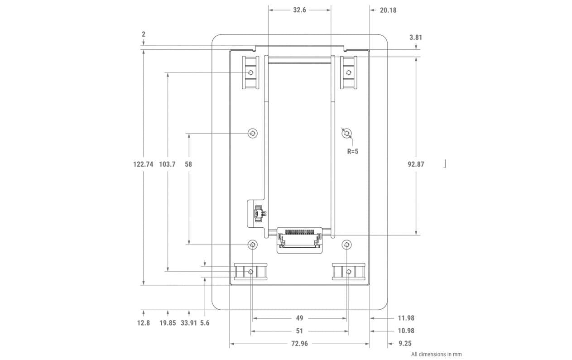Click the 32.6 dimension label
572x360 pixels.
coord(299,10)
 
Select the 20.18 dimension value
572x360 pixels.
coord(388,10)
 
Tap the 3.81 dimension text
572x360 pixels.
coord(416,38)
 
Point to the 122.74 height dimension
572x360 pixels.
coord(143,164)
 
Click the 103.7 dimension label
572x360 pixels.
coord(167,164)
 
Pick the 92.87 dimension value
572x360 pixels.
coord(416,164)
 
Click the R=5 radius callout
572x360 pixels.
coord(352,151)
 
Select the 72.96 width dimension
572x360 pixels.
coord(299,344)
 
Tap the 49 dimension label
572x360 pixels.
coord(299,318)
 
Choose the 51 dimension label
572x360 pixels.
coord(299,331)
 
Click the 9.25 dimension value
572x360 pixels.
coord(404,344)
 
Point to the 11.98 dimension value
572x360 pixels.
coord(406,318)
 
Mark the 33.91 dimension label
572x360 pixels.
coord(189,323)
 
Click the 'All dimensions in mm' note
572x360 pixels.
coord(436,354)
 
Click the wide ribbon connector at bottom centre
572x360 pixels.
coord(299,239)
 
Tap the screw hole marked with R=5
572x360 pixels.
coord(346,133)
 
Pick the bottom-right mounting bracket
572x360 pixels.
coord(348,271)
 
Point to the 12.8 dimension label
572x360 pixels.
coord(143,323)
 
